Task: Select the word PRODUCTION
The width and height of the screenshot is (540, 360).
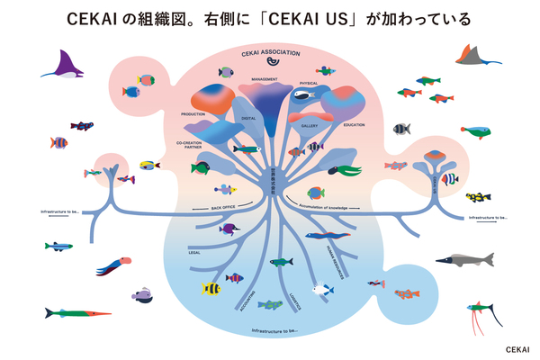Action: pos(193,114)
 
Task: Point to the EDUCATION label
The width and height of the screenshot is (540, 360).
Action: pos(354,124)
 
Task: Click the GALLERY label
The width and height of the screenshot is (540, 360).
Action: pos(311,127)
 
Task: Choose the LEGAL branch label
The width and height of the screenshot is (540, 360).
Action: pos(194,254)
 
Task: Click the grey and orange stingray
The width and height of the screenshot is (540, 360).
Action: pos(478,56)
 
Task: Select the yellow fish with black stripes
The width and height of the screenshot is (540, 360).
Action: pos(211,289)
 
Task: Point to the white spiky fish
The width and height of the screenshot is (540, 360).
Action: pos(322,290)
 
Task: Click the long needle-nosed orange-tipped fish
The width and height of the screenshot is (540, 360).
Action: pos(76,313)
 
